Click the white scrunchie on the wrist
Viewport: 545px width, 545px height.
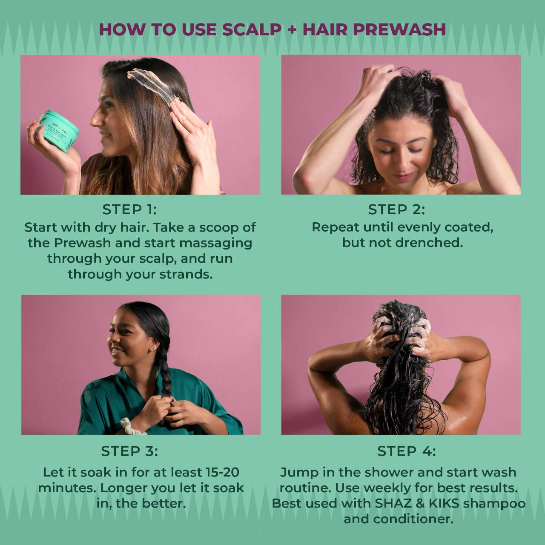(132, 426)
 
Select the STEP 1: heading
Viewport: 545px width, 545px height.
(129, 209)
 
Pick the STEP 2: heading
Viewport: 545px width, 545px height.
(396, 209)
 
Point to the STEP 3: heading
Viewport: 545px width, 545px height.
(129, 451)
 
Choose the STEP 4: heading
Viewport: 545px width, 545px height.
(407, 451)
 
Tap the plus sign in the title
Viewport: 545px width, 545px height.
(292, 30)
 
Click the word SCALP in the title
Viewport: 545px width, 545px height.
(252, 30)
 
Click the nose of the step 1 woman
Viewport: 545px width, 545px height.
(95, 119)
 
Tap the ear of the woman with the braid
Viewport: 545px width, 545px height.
(153, 347)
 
